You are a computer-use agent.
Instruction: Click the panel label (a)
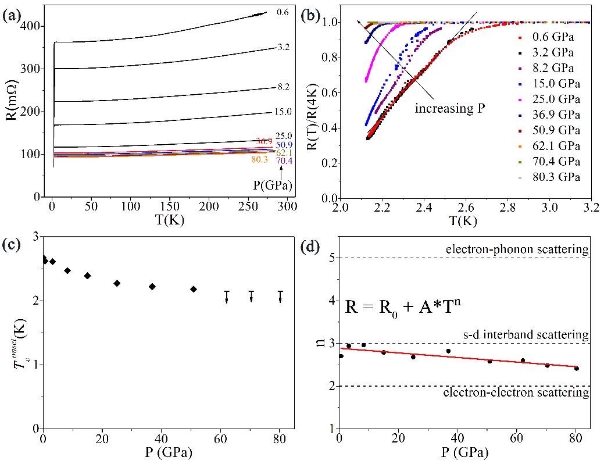[x=12, y=16]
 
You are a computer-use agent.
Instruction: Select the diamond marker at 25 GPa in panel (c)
[x=117, y=283]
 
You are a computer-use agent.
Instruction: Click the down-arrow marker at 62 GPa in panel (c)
[x=227, y=296]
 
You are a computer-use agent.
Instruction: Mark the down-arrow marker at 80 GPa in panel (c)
[x=280, y=296]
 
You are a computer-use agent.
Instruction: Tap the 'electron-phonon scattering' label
[x=517, y=250]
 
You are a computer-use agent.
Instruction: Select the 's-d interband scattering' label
[x=526, y=335]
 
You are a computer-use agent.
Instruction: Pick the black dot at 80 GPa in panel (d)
[x=576, y=368]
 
